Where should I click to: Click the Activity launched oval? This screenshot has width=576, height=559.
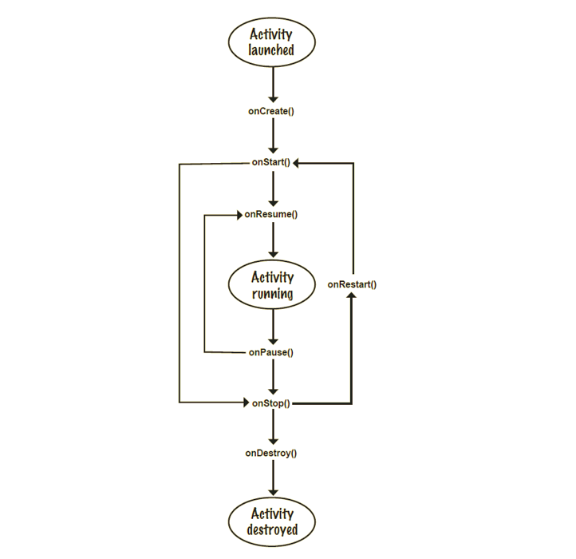(x=272, y=42)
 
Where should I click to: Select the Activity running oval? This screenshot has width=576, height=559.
(x=272, y=285)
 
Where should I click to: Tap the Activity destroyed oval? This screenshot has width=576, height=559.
(x=272, y=521)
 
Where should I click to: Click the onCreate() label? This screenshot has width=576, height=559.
(x=271, y=111)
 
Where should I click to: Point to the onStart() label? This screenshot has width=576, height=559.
(x=271, y=163)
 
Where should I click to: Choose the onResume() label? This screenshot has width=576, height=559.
(x=271, y=214)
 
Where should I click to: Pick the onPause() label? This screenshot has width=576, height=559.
(x=271, y=352)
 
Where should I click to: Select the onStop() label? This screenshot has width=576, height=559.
(x=271, y=403)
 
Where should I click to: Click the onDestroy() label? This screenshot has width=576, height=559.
(x=271, y=454)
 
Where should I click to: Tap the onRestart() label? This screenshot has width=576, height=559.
(x=352, y=284)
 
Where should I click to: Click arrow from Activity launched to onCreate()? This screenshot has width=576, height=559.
(x=272, y=83)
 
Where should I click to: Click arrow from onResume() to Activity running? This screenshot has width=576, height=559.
(x=272, y=239)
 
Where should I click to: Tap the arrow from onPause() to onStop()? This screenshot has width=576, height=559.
(x=272, y=377)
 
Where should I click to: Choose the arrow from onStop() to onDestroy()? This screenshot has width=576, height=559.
(x=272, y=428)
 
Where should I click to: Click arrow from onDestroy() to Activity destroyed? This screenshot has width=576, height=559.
(x=272, y=479)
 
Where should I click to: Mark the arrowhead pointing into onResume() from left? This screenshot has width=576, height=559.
(x=238, y=214)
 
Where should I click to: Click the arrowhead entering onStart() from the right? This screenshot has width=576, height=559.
(x=296, y=163)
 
